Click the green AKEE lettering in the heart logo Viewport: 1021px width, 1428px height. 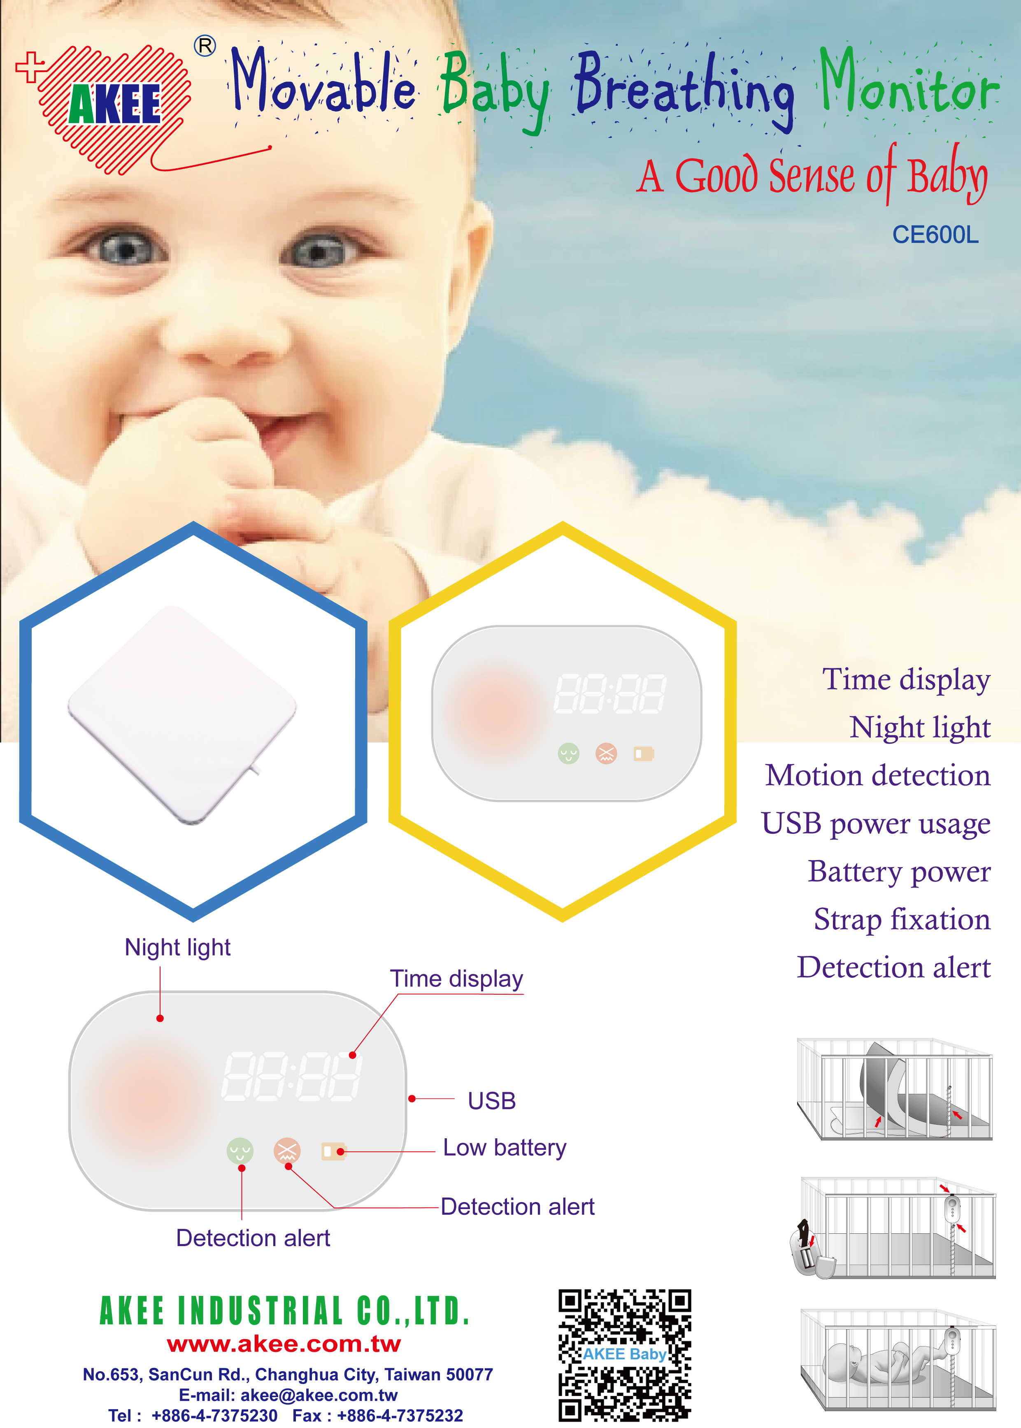coord(115,104)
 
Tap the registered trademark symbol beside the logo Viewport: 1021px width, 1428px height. coord(205,46)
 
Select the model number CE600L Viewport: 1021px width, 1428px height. coord(935,235)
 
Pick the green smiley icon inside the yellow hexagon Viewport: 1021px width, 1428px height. coord(568,753)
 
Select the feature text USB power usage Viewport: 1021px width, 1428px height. coord(876,823)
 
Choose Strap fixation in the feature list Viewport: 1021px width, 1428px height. coord(902,919)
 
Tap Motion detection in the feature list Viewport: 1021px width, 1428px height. coord(878,776)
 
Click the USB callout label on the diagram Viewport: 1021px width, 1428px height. coord(492,1101)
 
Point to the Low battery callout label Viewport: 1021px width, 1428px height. coord(504,1148)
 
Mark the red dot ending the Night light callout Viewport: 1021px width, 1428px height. coord(160,1018)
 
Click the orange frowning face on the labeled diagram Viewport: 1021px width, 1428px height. coord(287,1151)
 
